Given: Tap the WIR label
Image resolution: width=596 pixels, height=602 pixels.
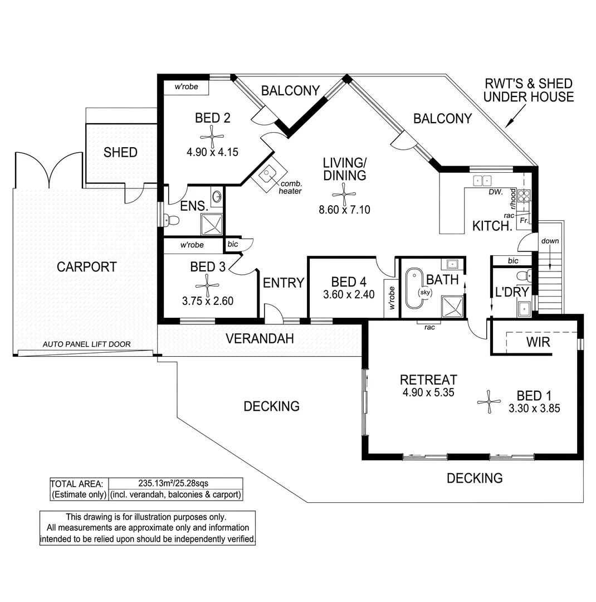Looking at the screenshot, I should click(538, 342).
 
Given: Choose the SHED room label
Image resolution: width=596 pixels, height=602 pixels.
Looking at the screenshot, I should click(120, 152).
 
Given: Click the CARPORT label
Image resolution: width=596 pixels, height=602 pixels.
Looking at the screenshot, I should click(87, 267).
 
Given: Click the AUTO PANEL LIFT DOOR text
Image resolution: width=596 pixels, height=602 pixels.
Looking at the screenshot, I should click(86, 344).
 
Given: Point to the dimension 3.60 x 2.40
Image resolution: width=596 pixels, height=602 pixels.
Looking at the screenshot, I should click(349, 294).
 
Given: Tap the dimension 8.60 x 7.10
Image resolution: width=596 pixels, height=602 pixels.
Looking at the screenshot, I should click(344, 210).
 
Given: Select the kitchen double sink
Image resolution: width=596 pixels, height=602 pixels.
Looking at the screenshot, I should click(482, 181).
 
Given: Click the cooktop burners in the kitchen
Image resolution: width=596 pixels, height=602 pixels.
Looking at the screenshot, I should click(525, 196).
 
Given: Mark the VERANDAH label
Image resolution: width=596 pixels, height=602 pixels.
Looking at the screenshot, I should click(260, 338).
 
